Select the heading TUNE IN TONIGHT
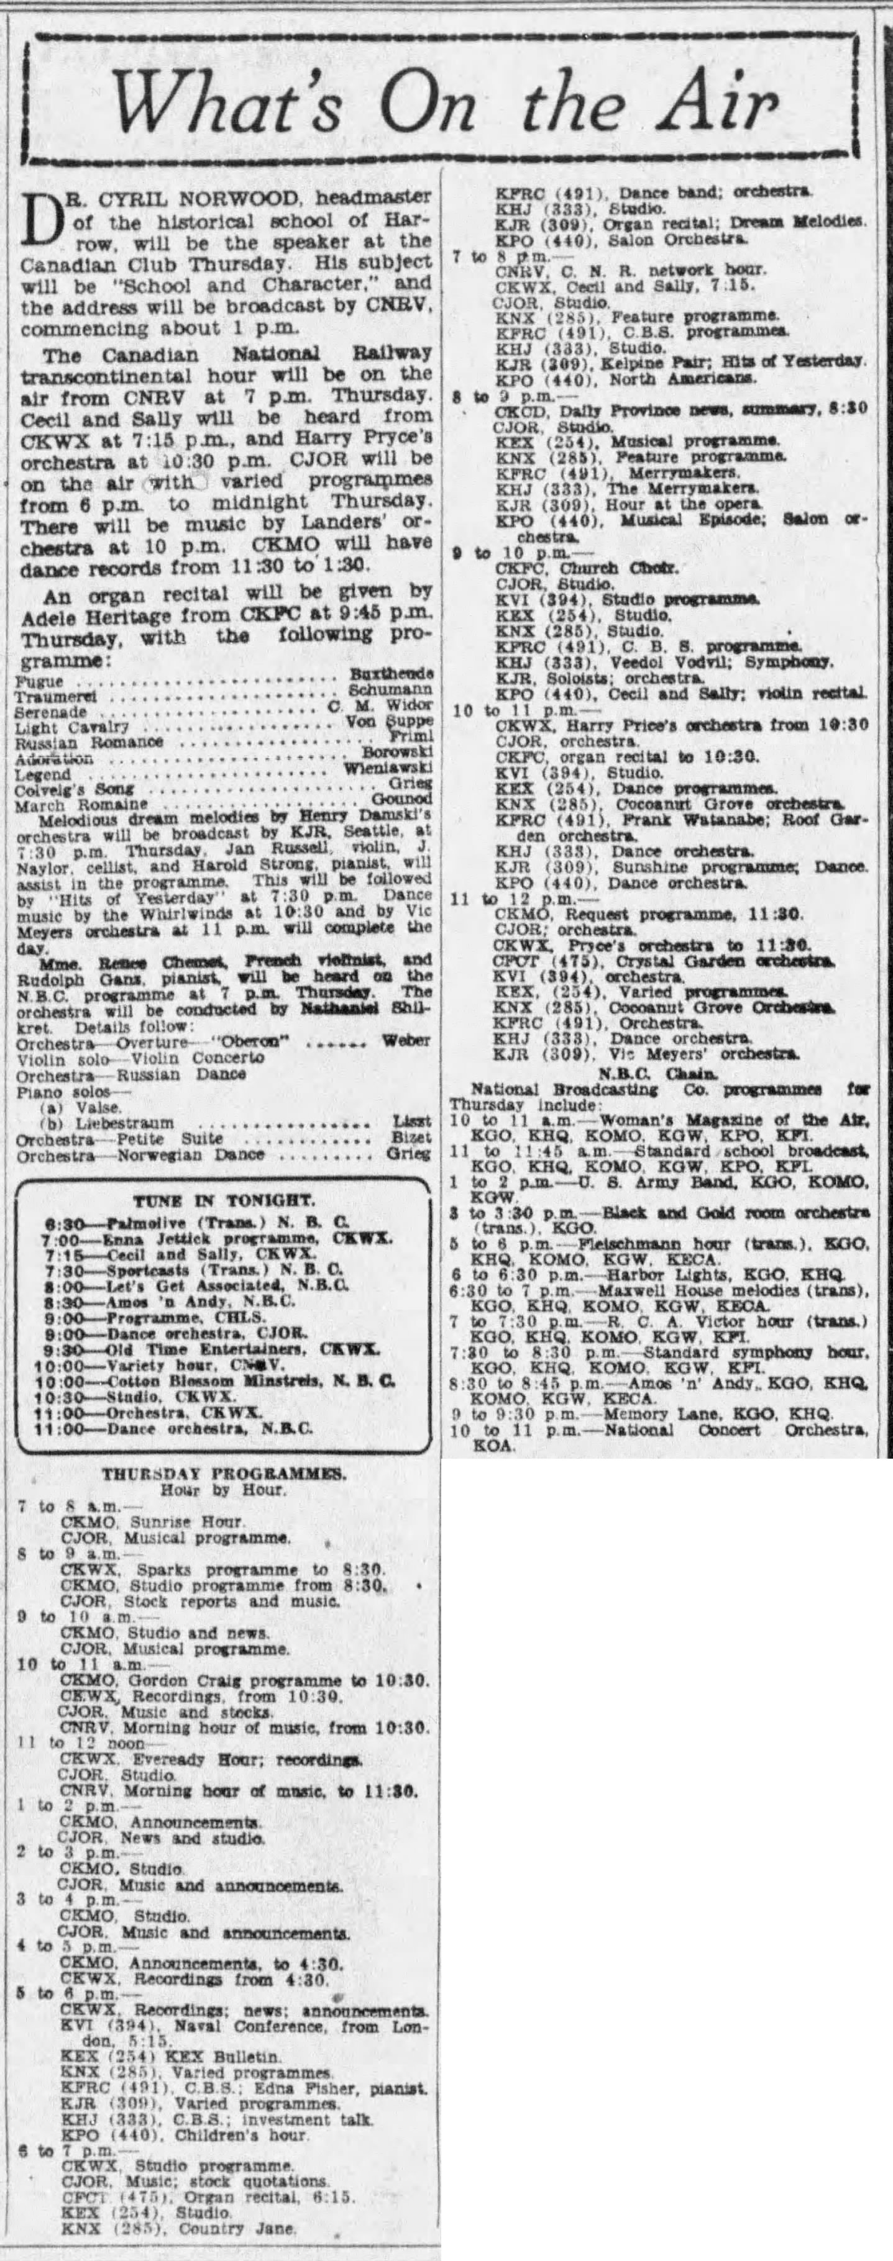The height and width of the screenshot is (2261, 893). [x=221, y=1199]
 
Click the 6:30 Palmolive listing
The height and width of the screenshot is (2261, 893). [x=197, y=1221]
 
